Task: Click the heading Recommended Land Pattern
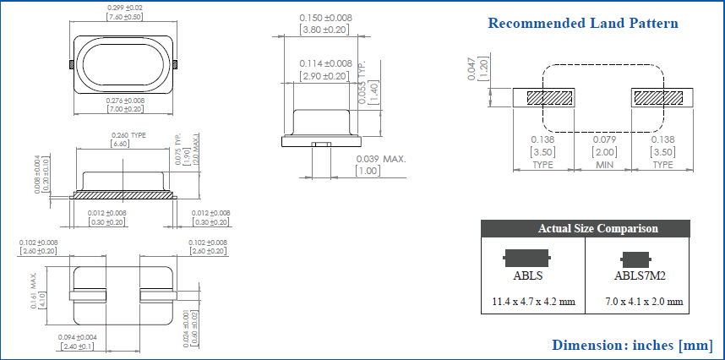[583, 23]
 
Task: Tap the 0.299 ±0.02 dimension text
[124, 8]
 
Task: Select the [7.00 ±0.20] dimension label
[124, 109]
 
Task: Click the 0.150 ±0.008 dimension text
[325, 18]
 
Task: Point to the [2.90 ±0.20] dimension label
[325, 76]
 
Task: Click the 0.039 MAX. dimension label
[381, 159]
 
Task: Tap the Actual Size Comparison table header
[597, 228]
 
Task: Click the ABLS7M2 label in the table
[640, 275]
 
